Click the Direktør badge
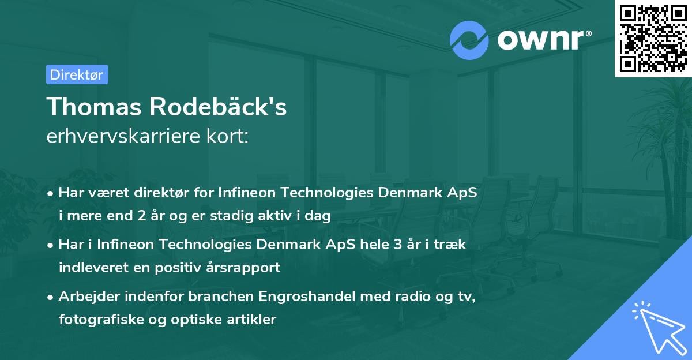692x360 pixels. [77, 74]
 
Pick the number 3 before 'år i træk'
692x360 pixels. [397, 245]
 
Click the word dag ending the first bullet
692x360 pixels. [319, 216]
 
